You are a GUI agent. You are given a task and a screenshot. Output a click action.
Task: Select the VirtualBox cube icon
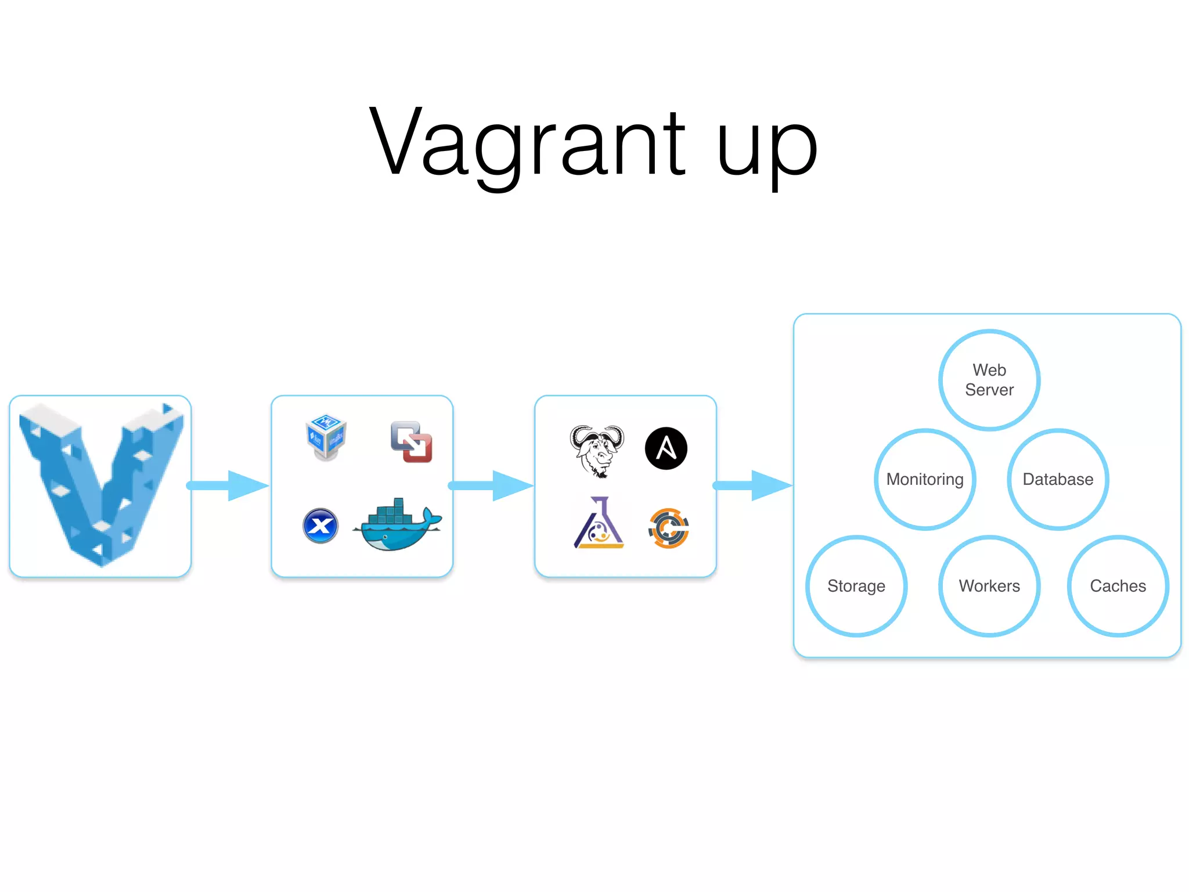(x=326, y=437)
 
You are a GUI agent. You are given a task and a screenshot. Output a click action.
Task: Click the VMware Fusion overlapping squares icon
(x=412, y=442)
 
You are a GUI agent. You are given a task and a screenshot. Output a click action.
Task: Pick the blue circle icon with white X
(x=320, y=526)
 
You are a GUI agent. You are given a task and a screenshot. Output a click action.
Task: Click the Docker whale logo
(x=398, y=526)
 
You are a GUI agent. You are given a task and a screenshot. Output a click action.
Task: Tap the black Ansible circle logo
(x=666, y=448)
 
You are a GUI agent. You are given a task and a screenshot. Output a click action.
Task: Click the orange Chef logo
(x=669, y=528)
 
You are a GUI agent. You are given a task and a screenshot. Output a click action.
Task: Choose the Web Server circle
(x=989, y=380)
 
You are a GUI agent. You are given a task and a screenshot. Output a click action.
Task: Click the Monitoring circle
(x=925, y=479)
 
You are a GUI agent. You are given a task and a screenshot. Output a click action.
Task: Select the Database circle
(x=1058, y=479)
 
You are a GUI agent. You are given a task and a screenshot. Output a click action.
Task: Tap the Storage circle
(x=856, y=586)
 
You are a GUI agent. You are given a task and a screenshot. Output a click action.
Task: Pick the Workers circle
(x=989, y=586)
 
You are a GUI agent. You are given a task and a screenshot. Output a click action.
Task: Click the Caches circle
(x=1118, y=586)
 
